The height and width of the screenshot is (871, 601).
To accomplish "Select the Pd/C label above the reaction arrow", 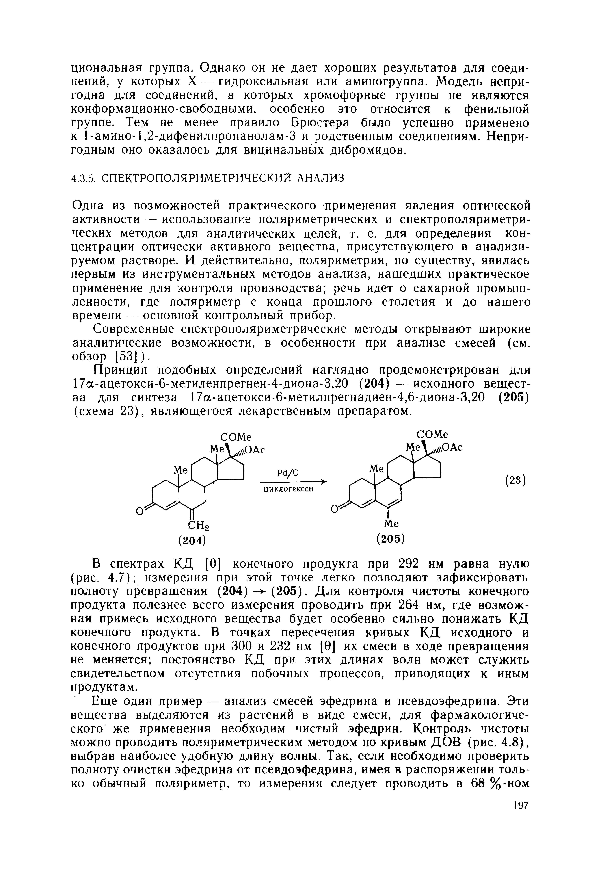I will (287, 473).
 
